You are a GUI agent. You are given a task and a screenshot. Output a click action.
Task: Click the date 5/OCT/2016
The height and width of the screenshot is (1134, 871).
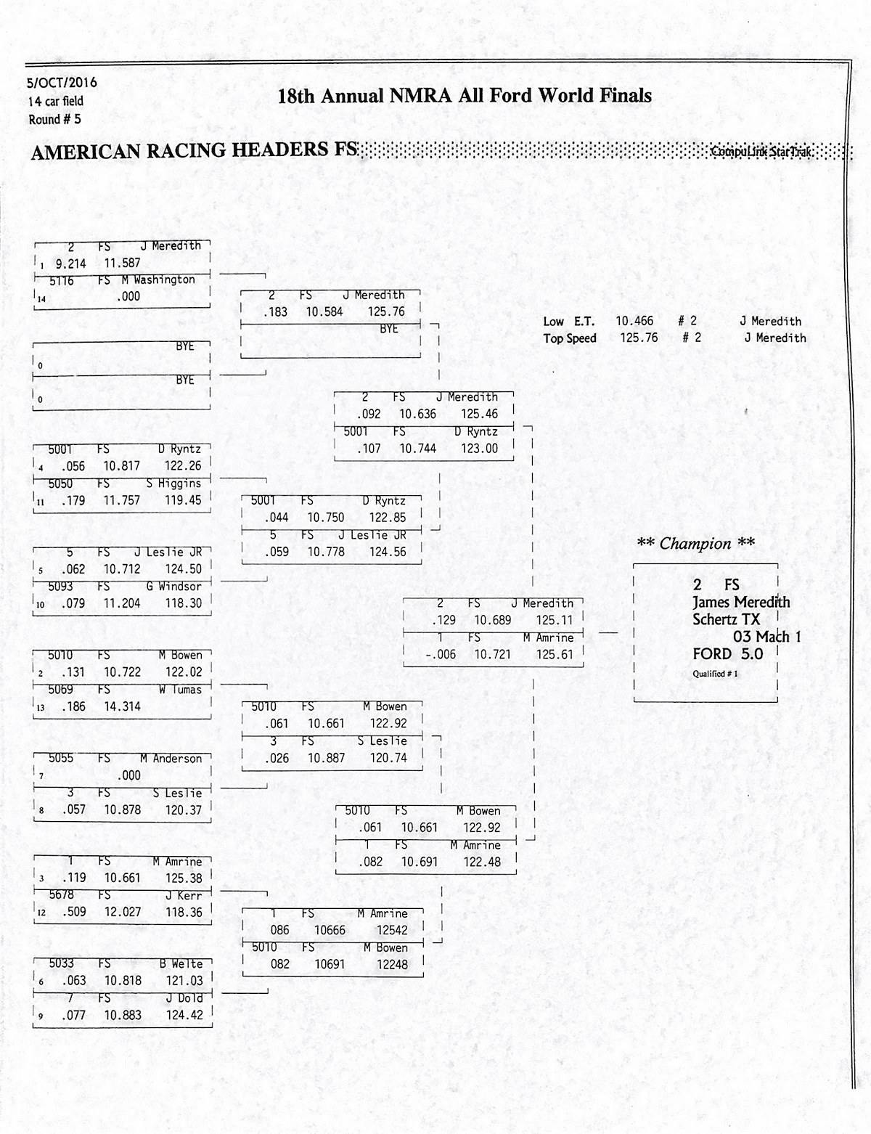pos(62,83)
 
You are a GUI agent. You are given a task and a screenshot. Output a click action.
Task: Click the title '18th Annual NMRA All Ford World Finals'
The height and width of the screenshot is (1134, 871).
pos(465,96)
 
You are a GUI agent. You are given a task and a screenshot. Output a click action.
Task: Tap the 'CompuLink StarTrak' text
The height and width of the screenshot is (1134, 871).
pos(761,152)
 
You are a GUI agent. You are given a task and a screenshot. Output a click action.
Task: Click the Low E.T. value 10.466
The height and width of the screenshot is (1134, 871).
pos(634,321)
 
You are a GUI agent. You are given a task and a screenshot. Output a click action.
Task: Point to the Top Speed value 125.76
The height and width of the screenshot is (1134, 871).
pos(639,338)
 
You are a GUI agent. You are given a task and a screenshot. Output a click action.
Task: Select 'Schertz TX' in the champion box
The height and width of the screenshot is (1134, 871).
pos(726,619)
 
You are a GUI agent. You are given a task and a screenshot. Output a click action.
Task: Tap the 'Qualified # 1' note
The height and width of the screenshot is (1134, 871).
pos(715,674)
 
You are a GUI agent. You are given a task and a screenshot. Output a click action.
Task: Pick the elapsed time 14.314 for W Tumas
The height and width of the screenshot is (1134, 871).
pos(122,706)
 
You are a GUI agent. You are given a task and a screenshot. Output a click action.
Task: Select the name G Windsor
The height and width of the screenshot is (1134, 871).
pos(179,586)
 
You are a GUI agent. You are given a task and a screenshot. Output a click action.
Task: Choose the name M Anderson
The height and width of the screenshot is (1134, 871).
pos(171,759)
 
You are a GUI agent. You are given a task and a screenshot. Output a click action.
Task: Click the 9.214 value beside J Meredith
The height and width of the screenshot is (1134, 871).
pos(70,264)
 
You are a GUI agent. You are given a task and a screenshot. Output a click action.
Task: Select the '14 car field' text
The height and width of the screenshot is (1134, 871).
pos(56,101)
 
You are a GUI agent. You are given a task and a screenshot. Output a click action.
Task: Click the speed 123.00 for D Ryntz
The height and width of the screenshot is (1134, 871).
pos(479,449)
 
